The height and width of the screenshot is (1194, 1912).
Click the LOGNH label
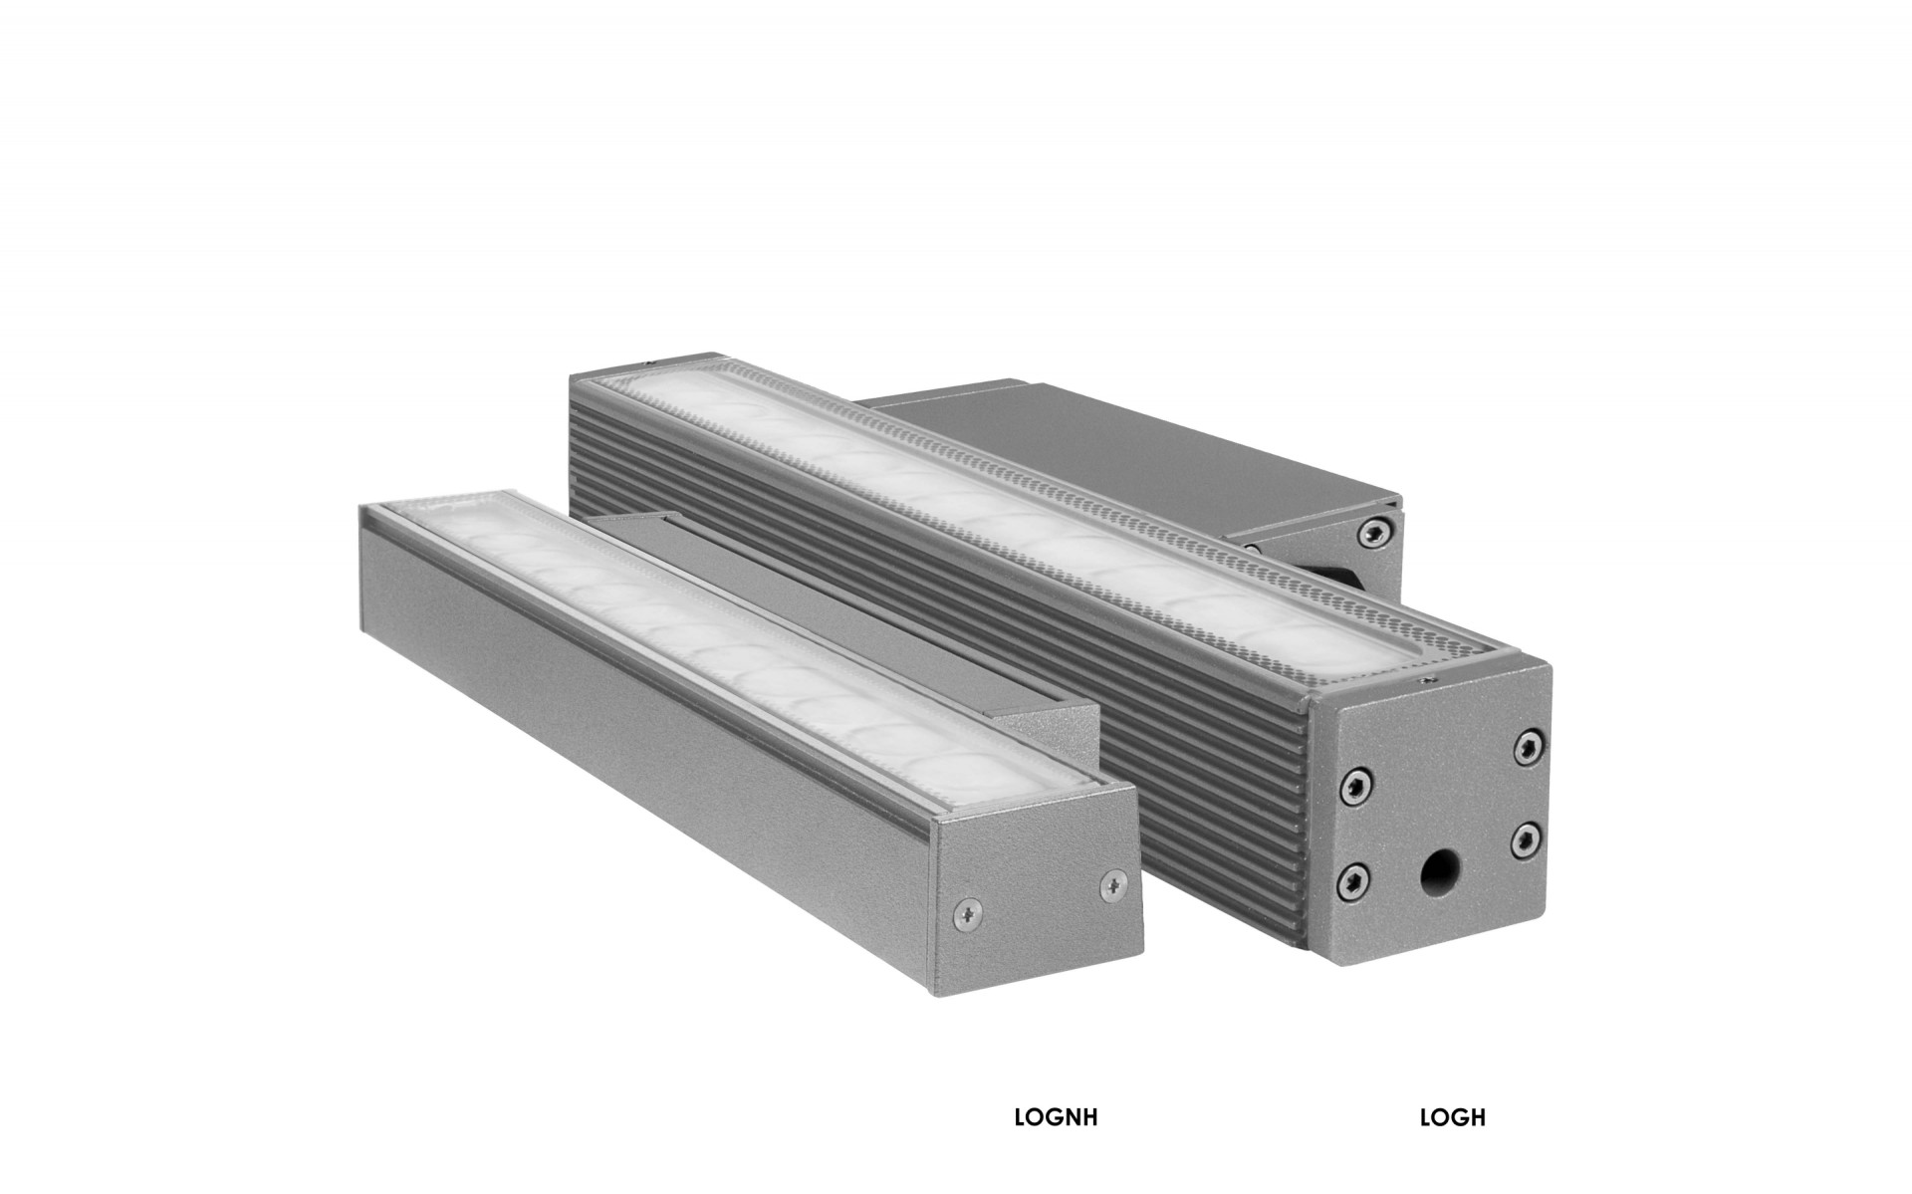(x=1056, y=1117)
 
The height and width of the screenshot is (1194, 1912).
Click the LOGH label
(x=1452, y=1117)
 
